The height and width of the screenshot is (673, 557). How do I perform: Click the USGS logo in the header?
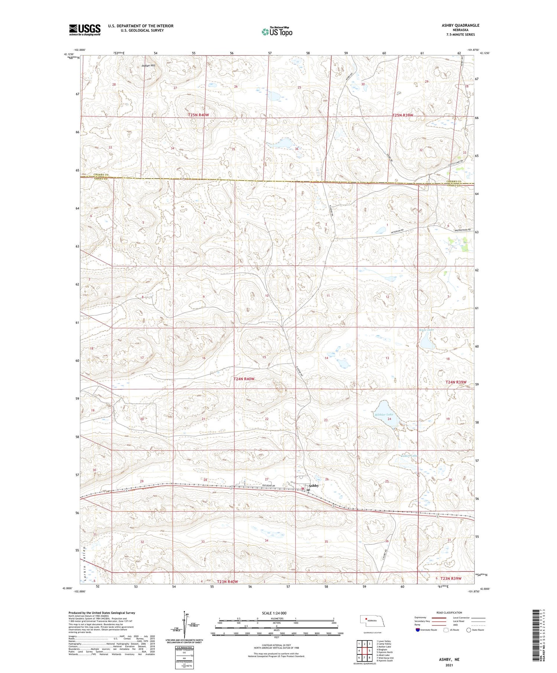point(85,30)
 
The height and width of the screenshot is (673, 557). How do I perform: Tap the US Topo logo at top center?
point(277,32)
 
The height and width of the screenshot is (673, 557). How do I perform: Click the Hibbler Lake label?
point(384,414)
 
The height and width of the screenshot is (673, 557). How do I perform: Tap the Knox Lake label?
point(426,330)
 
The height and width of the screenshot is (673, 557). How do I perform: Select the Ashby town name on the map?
point(314,486)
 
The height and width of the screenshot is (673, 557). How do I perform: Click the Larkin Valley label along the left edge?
point(85,561)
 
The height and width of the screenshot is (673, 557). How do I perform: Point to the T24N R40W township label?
point(244,379)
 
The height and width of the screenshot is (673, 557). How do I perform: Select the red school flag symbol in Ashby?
point(303,489)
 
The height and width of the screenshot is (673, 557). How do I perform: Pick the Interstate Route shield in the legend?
point(418,630)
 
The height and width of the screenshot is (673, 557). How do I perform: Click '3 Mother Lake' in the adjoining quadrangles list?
point(384,647)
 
